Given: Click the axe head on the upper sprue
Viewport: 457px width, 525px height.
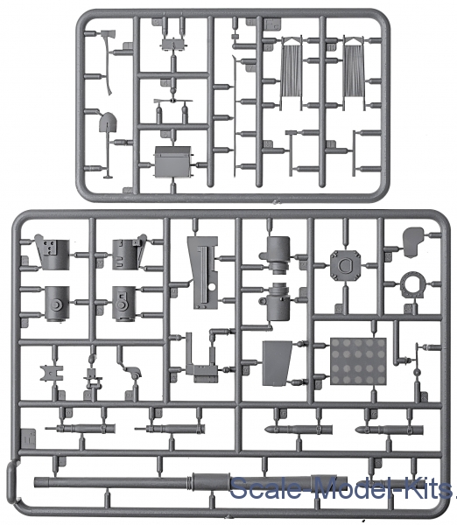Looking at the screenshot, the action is (x=108, y=37).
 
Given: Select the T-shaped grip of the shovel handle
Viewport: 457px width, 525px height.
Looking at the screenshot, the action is (x=108, y=176).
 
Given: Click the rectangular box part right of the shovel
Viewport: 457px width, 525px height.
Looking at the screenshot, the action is (x=172, y=162).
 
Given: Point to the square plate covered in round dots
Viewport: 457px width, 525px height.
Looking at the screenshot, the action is (x=358, y=361).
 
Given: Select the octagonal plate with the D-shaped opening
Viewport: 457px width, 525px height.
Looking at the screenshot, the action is (x=345, y=265).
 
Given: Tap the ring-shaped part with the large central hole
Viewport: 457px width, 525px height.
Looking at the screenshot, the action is (x=412, y=287).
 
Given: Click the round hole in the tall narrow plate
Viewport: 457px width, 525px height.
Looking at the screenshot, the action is (x=211, y=287).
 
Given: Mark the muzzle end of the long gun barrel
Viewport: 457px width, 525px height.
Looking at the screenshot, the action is (x=36, y=482).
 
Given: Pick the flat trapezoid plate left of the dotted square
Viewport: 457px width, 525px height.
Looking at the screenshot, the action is (x=276, y=363).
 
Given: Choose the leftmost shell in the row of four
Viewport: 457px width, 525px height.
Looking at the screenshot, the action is (x=81, y=428).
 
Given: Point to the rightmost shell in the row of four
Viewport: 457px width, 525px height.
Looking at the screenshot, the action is (x=389, y=430).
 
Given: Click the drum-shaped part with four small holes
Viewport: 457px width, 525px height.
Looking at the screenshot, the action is (x=53, y=254).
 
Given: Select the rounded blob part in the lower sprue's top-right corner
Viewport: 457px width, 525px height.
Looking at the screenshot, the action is (x=413, y=241).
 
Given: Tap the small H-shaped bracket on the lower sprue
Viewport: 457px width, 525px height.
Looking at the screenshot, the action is (x=52, y=373).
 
